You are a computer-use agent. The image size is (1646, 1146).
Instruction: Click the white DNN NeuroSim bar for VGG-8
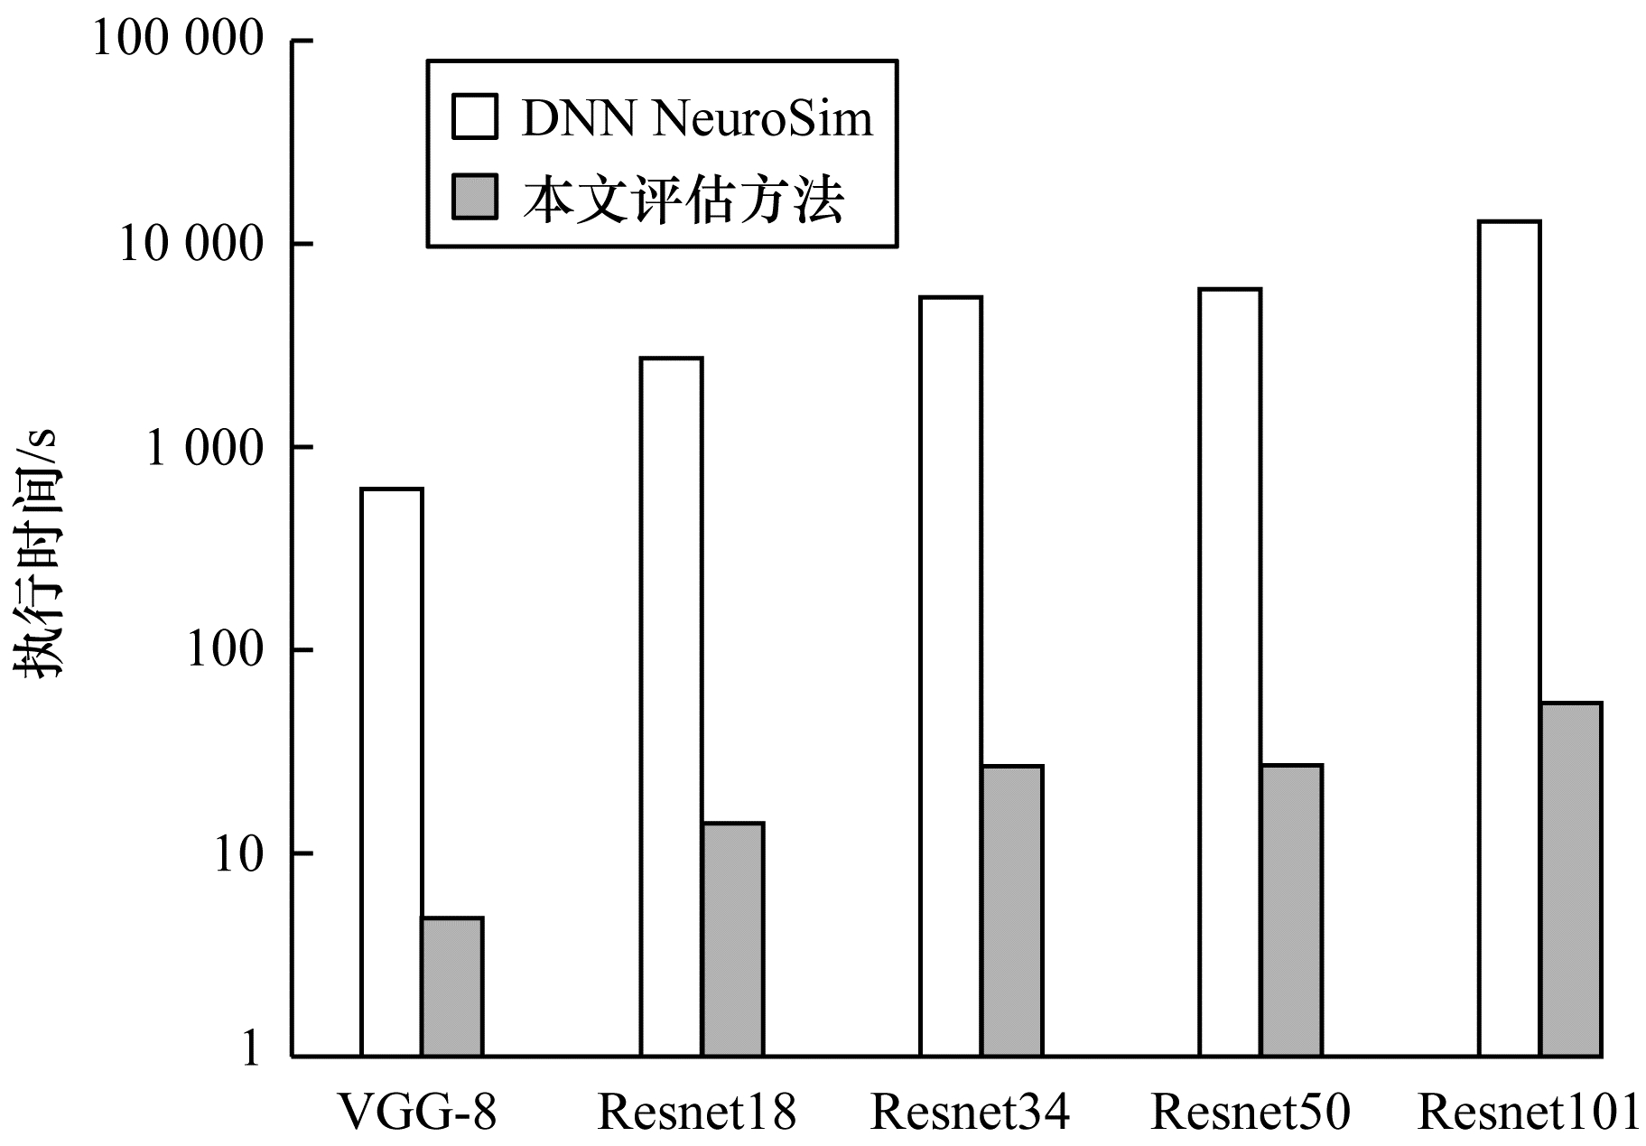[x=391, y=772]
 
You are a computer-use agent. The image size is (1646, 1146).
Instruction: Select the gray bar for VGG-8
[x=452, y=986]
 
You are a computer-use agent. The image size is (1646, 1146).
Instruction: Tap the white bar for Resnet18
[x=671, y=706]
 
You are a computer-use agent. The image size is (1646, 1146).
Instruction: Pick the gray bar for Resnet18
[x=733, y=939]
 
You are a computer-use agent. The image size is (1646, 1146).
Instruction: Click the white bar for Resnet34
[x=951, y=675]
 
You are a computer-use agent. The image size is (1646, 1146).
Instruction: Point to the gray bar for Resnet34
[x=1013, y=910]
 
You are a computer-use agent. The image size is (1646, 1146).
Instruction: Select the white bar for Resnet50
[x=1230, y=672]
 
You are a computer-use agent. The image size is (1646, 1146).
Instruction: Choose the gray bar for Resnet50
[x=1292, y=910]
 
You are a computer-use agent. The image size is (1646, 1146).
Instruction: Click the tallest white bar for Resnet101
[x=1509, y=638]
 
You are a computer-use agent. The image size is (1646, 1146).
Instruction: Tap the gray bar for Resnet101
[x=1571, y=879]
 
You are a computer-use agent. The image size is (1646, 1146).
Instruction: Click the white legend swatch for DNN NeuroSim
[x=474, y=117]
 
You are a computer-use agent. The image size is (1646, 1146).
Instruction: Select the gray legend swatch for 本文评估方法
[x=474, y=198]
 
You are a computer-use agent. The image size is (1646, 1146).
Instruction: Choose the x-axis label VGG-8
[x=417, y=1112]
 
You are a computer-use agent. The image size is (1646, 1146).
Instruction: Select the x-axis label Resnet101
[x=1528, y=1112]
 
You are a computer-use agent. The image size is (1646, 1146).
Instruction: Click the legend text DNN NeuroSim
[x=697, y=118]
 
